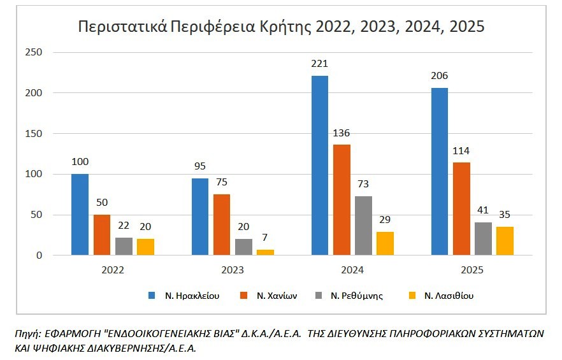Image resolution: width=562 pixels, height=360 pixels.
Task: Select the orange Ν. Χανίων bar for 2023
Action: pos(222,224)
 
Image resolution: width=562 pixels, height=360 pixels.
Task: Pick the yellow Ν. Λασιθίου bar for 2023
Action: pos(265,252)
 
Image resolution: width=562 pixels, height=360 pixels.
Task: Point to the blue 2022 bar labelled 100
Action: pos(80,215)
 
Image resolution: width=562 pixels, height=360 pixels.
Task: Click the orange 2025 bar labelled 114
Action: pos(461,209)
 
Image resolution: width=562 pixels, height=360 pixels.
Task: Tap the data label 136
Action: pos(342,133)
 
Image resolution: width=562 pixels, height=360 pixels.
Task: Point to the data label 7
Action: pos(265,238)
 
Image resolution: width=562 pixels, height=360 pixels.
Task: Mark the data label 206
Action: pos(439,76)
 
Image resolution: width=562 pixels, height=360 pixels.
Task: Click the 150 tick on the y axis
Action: pos(34,134)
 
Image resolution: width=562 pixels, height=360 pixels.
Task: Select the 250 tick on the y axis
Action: pos(34,52)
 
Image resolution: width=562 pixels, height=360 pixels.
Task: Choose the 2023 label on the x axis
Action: pos(233,270)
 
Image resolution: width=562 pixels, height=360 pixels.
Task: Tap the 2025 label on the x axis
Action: pos(472,270)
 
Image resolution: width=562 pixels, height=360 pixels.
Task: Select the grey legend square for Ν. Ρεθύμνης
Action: pos(319,296)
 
